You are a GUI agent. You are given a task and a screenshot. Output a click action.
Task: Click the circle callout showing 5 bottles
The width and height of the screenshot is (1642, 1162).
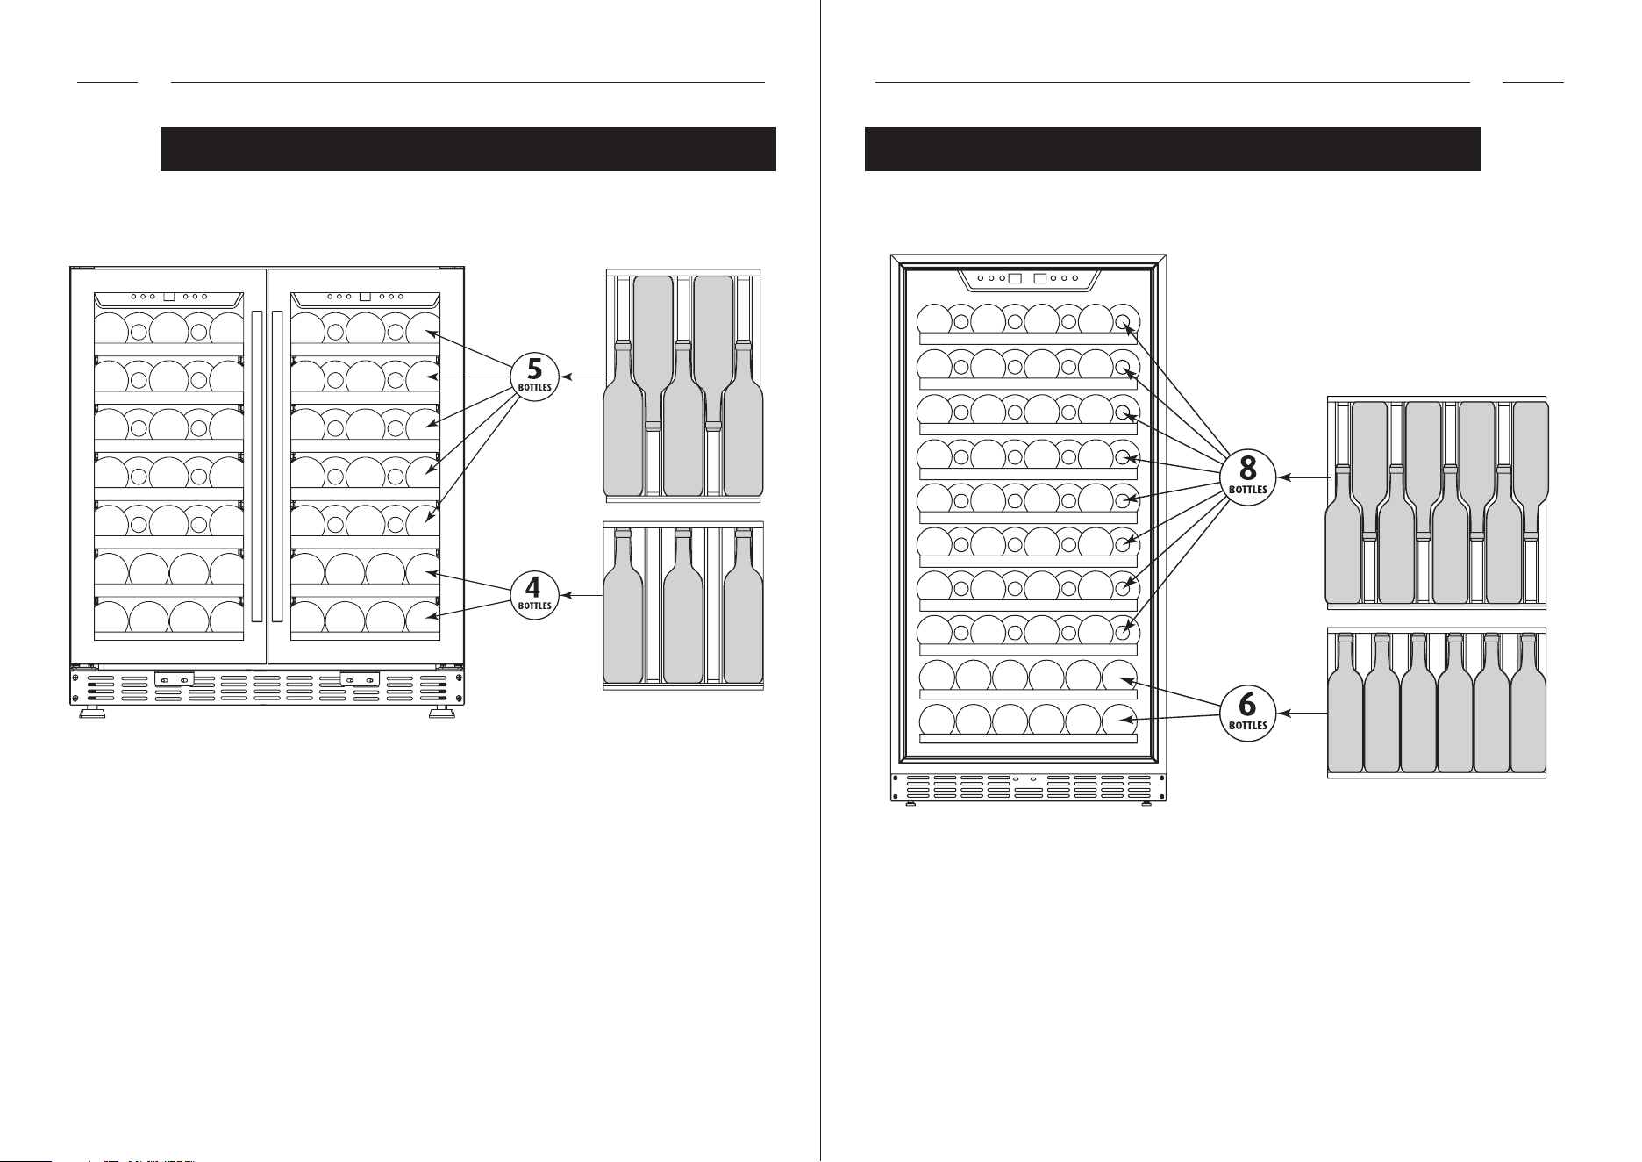click(534, 377)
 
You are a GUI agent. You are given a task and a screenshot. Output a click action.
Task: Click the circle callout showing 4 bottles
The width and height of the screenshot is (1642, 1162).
click(534, 596)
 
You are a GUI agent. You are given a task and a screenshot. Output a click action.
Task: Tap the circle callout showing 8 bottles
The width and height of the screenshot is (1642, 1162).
click(1247, 477)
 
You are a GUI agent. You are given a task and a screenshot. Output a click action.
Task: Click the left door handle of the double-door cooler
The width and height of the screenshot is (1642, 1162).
click(256, 465)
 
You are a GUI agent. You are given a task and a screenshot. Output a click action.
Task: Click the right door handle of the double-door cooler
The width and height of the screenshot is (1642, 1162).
click(277, 465)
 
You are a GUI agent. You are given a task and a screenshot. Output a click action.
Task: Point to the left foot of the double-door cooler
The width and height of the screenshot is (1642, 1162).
click(91, 714)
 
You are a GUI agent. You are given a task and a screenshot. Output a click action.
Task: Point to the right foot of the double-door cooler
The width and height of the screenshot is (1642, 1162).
click(441, 714)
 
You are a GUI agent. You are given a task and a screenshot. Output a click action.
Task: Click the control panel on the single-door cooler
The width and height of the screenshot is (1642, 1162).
click(1027, 279)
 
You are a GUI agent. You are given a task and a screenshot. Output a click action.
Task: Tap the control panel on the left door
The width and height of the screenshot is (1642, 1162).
click(168, 298)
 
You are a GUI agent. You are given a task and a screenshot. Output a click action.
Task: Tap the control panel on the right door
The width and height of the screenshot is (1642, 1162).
click(365, 298)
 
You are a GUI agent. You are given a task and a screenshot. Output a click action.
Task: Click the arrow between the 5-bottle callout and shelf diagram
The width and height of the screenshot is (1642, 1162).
click(582, 377)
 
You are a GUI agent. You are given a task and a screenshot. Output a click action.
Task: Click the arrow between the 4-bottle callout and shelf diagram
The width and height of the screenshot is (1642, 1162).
click(582, 596)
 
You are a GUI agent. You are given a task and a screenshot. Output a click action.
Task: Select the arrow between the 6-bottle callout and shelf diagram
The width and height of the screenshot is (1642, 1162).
click(1301, 714)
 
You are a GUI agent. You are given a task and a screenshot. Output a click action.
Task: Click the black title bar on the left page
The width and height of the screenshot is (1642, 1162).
click(468, 149)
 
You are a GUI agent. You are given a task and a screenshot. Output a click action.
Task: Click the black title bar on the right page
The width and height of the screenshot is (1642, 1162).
click(1173, 149)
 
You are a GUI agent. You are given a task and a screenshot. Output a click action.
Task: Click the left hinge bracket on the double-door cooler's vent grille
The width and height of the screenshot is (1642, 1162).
click(175, 679)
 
